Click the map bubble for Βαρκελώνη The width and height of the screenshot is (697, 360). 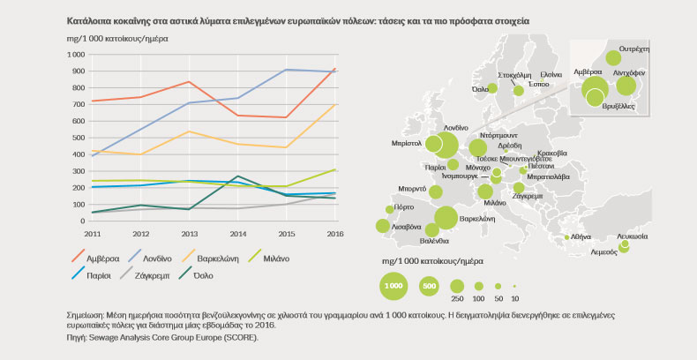(446, 218)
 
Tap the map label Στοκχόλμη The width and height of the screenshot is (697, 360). (513, 76)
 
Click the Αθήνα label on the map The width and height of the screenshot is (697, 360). (581, 236)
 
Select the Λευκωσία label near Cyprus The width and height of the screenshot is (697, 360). (633, 236)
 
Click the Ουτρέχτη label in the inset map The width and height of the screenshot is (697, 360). (634, 49)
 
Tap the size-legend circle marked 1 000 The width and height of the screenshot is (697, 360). (393, 286)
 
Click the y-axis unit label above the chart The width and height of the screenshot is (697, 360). (117, 39)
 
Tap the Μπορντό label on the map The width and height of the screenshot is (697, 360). (412, 188)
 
